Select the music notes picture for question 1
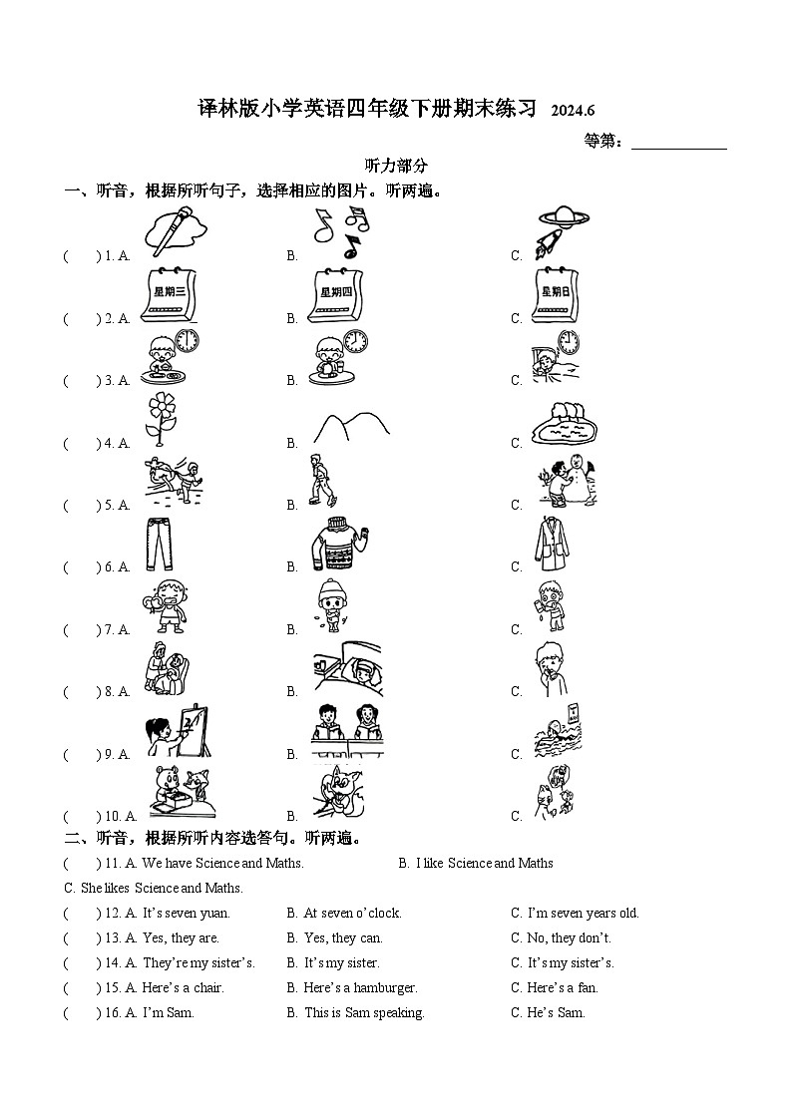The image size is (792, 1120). (340, 233)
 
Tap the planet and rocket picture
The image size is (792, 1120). (561, 232)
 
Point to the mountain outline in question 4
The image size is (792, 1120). (350, 427)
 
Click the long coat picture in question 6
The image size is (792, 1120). (555, 545)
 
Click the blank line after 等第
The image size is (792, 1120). (679, 142)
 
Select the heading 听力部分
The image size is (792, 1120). (396, 166)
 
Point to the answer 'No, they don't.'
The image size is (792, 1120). (569, 937)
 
